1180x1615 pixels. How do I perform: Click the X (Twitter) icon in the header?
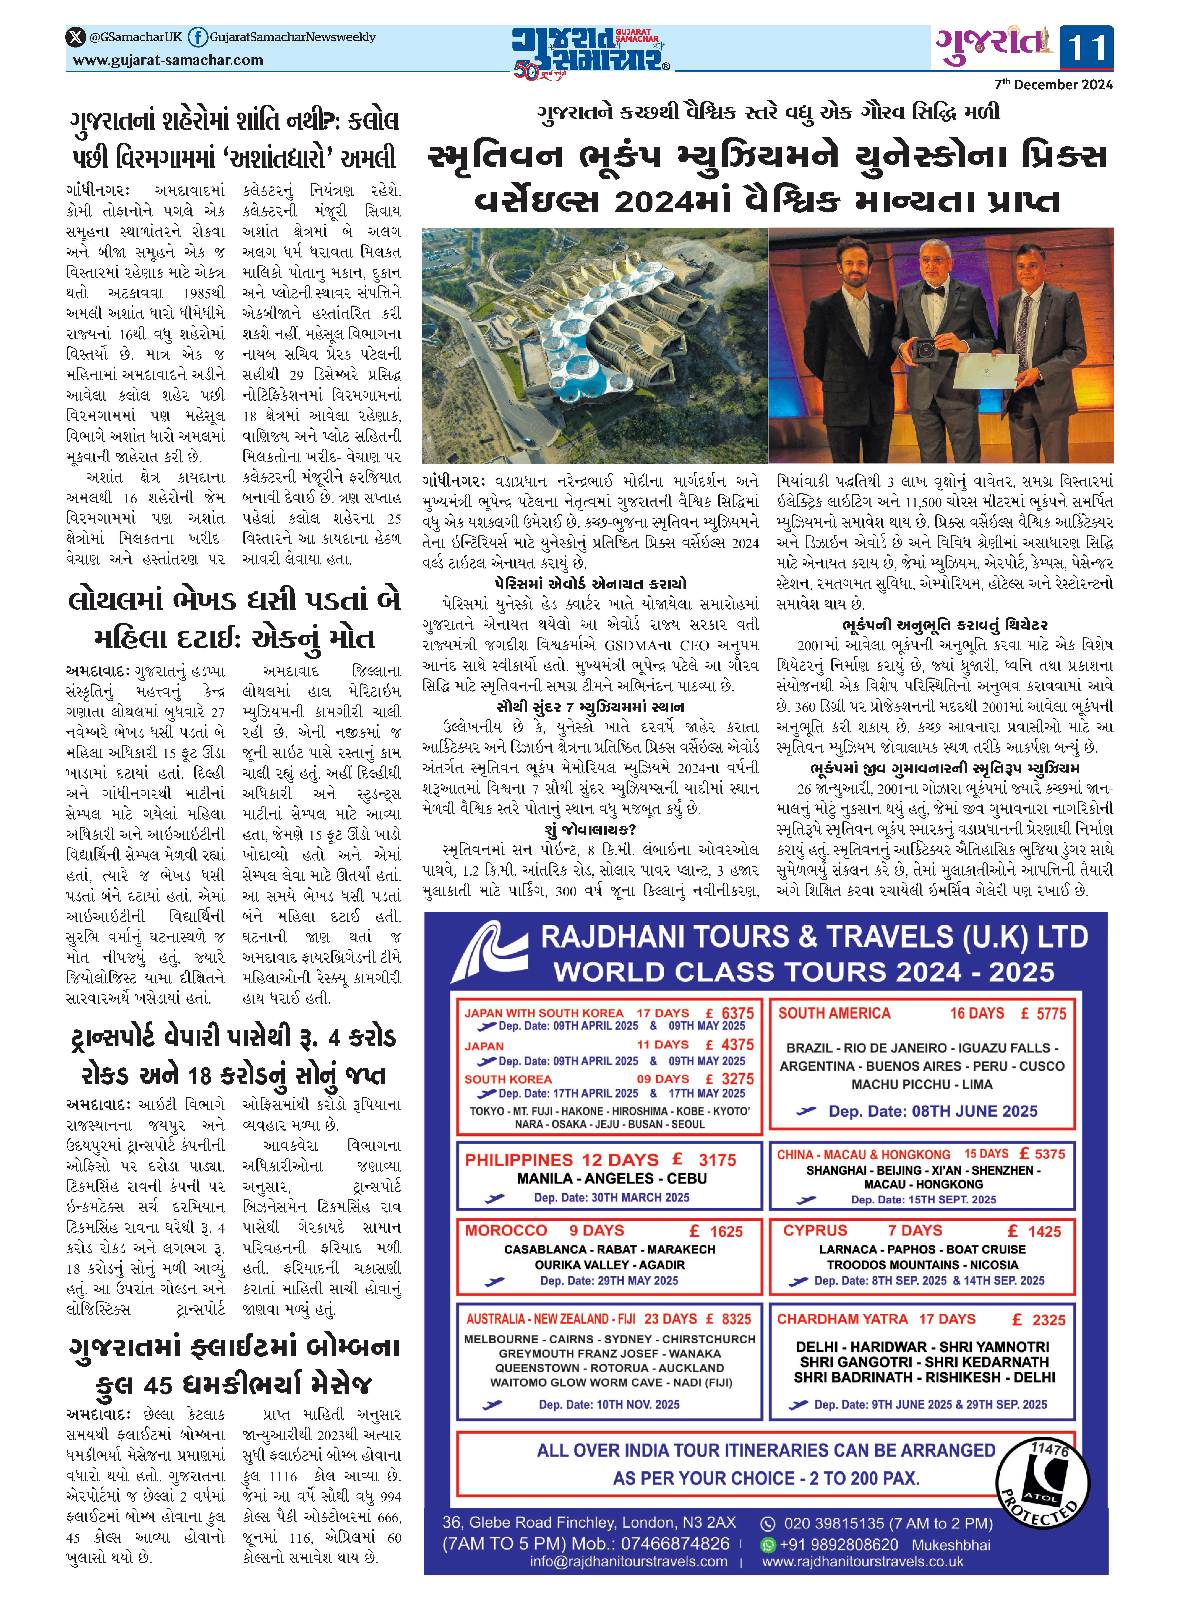point(76,37)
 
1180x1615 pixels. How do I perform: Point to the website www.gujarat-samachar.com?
point(169,61)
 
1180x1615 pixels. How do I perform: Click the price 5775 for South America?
point(1051,1014)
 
